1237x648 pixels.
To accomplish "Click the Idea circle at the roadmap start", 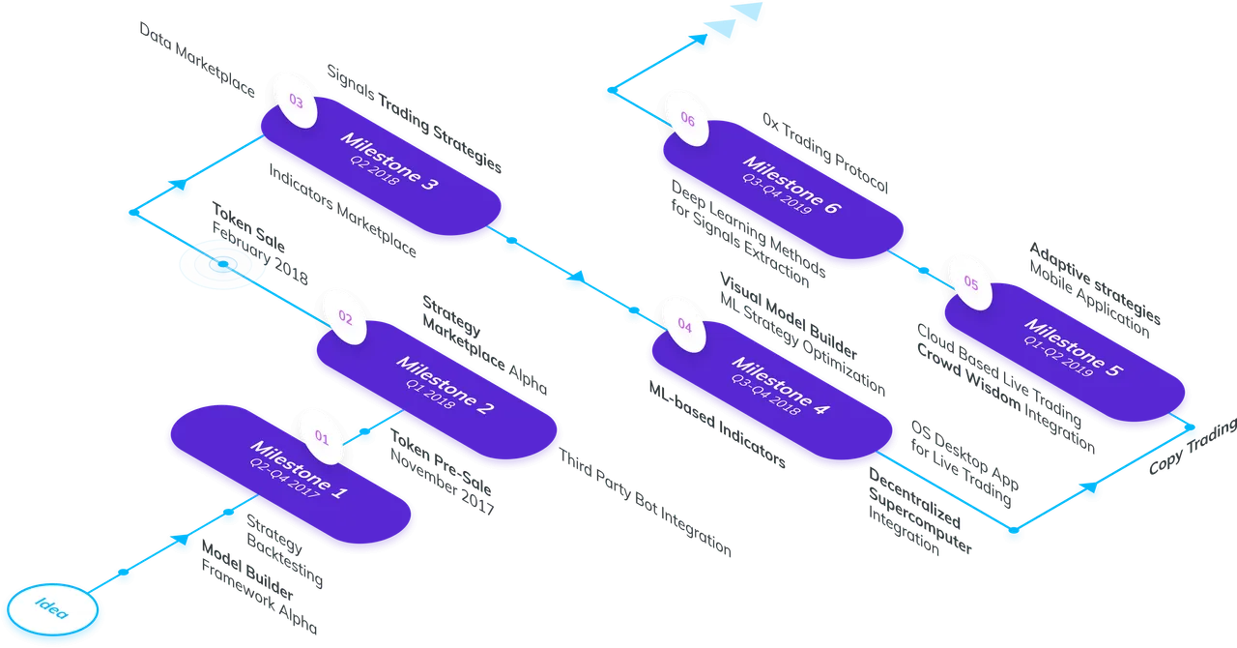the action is point(52,609).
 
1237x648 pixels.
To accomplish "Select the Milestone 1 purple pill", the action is point(291,474).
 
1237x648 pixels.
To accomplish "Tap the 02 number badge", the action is point(345,317).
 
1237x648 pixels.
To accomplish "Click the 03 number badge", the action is point(296,102).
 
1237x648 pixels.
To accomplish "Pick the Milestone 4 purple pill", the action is point(772,391).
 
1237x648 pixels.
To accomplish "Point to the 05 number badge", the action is point(971,283).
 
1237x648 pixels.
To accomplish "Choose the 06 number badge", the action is point(687,119).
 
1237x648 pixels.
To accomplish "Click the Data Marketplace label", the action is point(197,59).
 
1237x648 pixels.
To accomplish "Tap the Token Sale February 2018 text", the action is point(260,244).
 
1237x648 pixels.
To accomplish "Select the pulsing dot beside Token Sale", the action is point(223,264).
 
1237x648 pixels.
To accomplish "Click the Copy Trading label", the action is point(1193,446).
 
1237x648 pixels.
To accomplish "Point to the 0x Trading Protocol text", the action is point(825,153).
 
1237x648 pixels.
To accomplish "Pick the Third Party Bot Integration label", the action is point(645,502).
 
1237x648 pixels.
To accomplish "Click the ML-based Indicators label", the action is point(717,425).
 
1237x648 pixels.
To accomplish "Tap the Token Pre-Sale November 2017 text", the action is point(442,472).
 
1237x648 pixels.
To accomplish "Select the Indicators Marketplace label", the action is point(342,210).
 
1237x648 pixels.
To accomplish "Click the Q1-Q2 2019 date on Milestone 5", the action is point(1058,357).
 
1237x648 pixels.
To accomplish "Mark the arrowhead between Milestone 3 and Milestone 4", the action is point(577,277).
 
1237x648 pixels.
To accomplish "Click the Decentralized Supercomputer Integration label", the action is point(919,512).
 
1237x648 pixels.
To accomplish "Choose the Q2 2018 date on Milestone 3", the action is point(374,170).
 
